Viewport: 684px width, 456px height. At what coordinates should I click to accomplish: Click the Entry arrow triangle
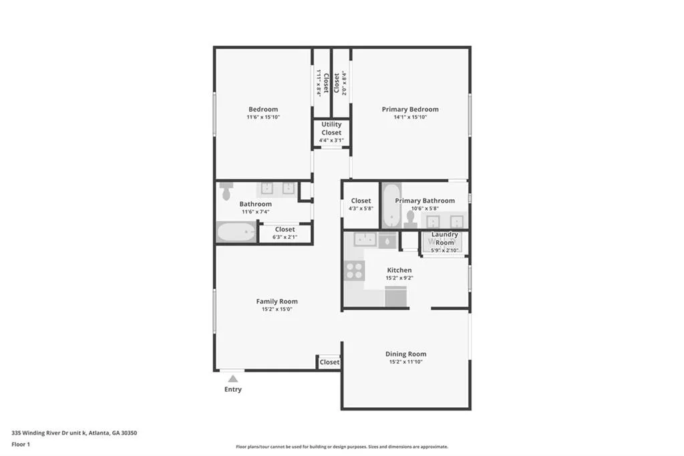tap(232, 379)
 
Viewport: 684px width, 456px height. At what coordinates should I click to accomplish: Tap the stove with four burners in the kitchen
tap(354, 271)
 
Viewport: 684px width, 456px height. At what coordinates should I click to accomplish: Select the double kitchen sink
tap(364, 239)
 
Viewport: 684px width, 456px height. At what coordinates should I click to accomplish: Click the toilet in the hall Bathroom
tap(225, 191)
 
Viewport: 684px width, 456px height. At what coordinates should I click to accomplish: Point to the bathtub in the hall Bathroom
tap(236, 233)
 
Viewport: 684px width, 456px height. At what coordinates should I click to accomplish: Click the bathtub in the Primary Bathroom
tap(391, 213)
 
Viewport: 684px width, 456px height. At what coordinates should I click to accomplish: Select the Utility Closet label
tap(331, 128)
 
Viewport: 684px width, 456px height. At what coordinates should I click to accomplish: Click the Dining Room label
tap(405, 354)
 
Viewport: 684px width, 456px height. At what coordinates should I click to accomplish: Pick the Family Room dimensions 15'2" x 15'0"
tap(277, 310)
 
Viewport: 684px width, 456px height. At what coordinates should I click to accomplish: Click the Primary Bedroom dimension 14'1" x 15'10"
tap(410, 117)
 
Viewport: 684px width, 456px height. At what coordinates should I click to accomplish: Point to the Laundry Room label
tap(444, 238)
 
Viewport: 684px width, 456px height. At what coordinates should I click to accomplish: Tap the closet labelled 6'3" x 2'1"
tap(285, 233)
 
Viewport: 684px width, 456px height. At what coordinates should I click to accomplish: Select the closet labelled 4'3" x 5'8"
tap(361, 204)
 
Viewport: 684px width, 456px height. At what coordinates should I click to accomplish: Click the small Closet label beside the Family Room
tap(329, 362)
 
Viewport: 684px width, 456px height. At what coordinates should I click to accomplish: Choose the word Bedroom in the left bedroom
tap(263, 109)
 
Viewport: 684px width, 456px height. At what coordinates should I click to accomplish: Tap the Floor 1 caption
tap(21, 444)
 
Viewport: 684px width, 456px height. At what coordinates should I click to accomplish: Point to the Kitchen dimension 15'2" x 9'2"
tap(399, 277)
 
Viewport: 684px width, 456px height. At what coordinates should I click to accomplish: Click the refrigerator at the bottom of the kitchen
tap(395, 296)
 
